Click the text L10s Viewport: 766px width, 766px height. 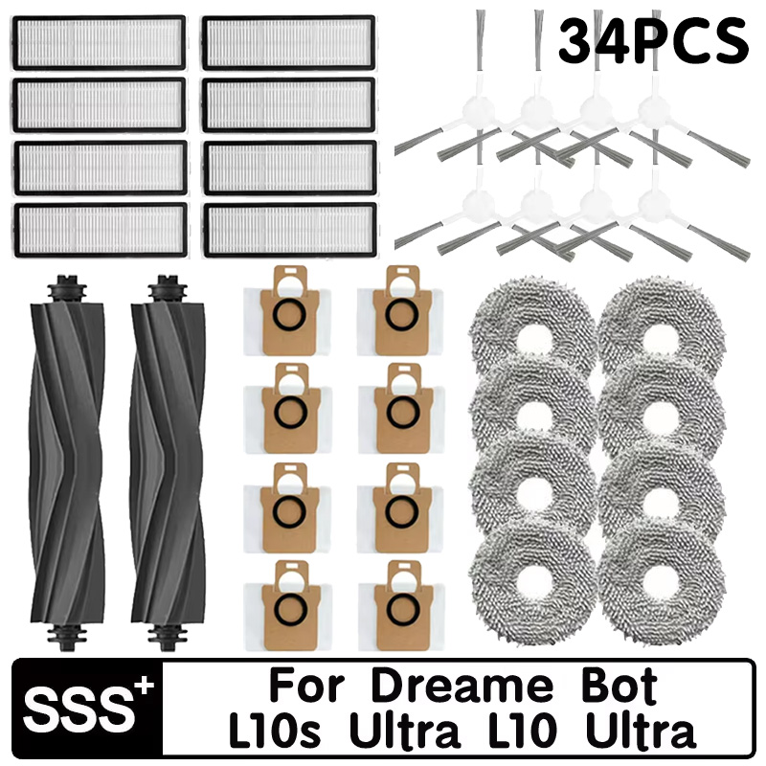(278, 733)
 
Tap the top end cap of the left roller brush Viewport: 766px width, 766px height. (65, 284)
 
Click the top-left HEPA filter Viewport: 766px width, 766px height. (99, 42)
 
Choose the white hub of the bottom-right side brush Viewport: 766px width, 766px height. (654, 203)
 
